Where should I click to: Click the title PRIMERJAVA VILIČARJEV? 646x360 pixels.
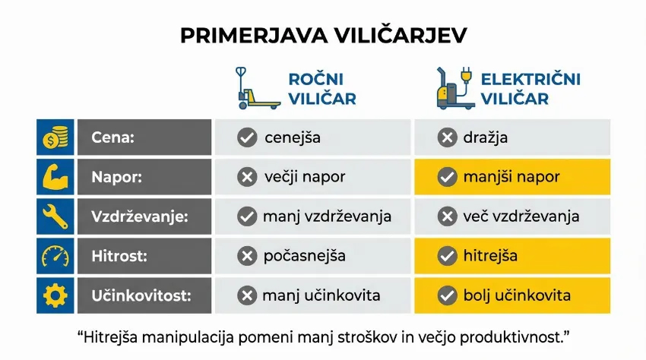(x=323, y=35)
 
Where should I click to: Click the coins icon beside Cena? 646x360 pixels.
(x=55, y=138)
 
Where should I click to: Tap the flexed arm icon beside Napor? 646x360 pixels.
(x=55, y=177)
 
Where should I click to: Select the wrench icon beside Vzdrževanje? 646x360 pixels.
(x=55, y=216)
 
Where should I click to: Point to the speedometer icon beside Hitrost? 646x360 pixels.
(x=55, y=256)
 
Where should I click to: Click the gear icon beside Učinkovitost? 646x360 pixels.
(x=55, y=295)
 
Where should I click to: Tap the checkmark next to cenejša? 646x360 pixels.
(x=246, y=138)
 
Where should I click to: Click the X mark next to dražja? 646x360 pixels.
(x=447, y=138)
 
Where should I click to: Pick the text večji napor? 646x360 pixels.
(x=305, y=178)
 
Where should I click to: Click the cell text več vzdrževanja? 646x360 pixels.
(x=521, y=216)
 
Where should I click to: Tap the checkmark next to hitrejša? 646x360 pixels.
(x=447, y=256)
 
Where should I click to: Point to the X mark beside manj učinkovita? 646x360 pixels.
(x=246, y=295)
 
